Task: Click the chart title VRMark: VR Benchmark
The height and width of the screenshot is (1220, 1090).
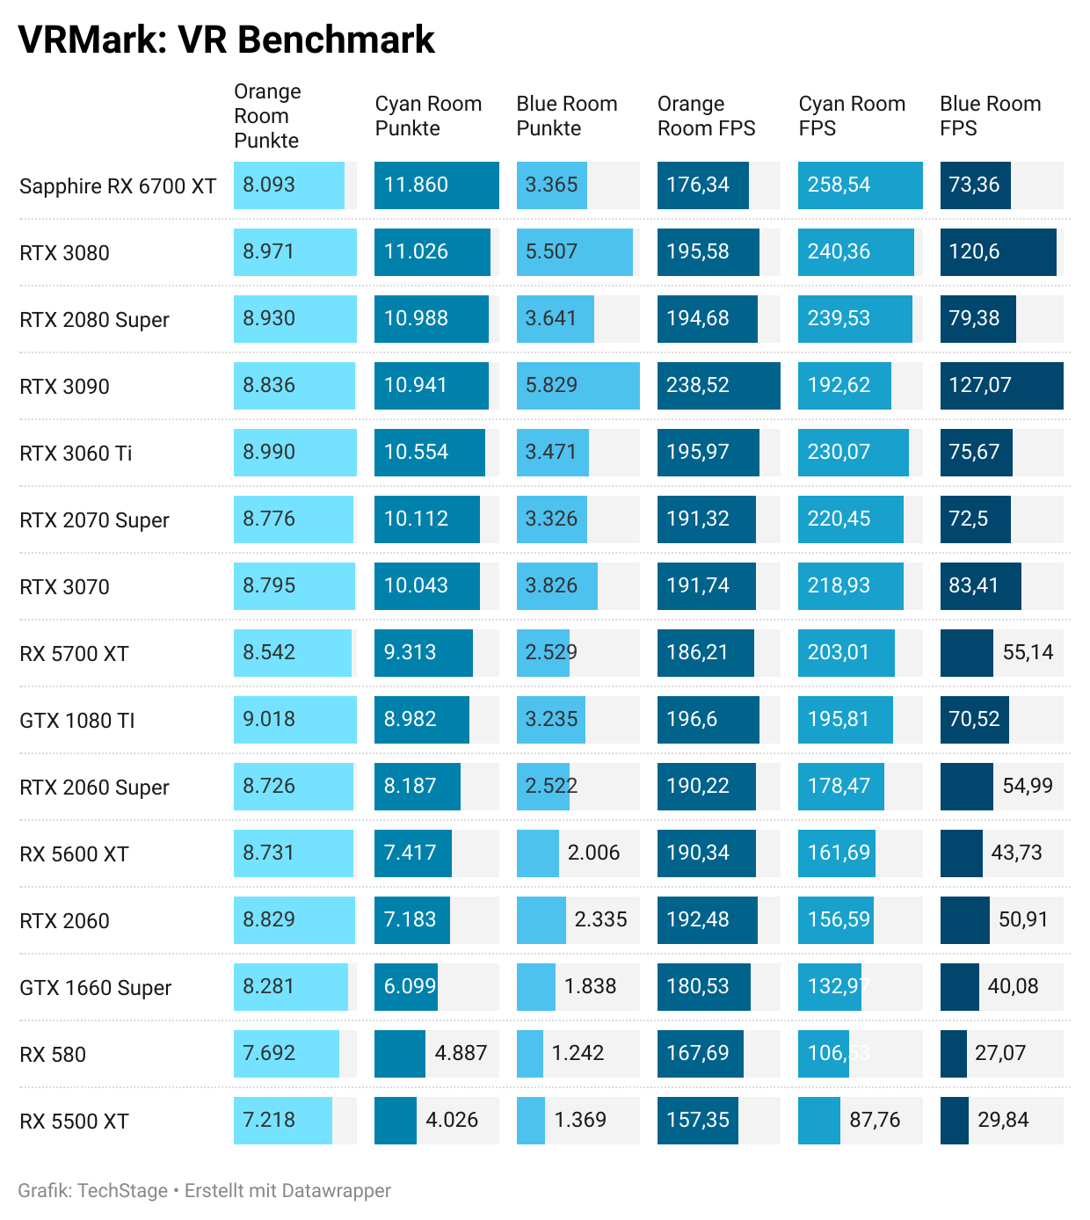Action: (x=226, y=40)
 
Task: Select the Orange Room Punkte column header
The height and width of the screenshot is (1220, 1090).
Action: (x=267, y=116)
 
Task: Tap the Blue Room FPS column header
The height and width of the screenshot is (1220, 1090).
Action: (x=990, y=116)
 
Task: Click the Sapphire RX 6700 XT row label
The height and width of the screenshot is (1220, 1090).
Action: (x=118, y=186)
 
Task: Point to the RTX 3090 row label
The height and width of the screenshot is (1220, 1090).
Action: (x=64, y=387)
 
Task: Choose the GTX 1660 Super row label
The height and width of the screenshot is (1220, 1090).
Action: (x=95, y=988)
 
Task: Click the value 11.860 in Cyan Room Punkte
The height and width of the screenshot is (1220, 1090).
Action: (x=416, y=185)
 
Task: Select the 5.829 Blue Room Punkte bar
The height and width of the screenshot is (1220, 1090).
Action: (x=578, y=386)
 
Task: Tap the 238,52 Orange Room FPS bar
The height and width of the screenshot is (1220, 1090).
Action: (x=718, y=386)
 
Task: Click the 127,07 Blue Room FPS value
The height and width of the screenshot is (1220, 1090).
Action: (x=979, y=386)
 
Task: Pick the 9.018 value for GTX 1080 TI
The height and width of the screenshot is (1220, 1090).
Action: (x=269, y=720)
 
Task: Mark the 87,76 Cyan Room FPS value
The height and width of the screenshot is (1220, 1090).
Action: (x=875, y=1121)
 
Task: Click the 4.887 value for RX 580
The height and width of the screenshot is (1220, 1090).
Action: (x=461, y=1054)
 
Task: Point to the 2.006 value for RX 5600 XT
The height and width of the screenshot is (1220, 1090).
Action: (x=593, y=853)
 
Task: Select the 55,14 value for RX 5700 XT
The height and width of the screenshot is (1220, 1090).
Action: (x=1028, y=653)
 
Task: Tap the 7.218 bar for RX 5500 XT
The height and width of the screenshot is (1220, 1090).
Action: (x=282, y=1121)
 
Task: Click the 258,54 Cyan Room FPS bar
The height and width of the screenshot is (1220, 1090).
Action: (x=860, y=185)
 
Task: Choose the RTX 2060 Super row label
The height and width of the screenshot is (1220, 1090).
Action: (x=94, y=788)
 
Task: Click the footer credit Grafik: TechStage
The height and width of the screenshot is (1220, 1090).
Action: (x=92, y=1191)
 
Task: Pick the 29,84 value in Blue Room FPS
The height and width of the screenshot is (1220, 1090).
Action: (x=1003, y=1121)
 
